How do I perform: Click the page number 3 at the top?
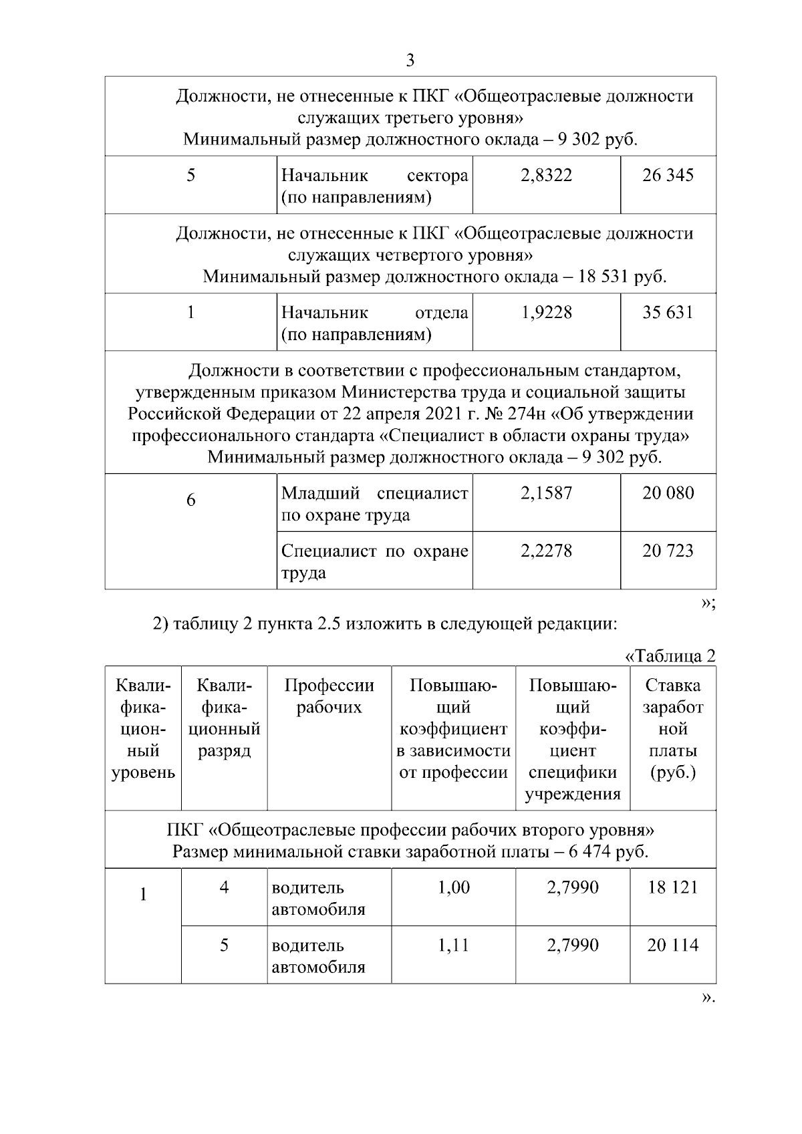(410, 61)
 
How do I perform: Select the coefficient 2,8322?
(546, 176)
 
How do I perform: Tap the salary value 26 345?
(668, 176)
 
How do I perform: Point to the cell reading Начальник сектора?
(374, 186)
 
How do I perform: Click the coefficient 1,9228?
(546, 313)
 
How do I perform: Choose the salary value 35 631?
(668, 313)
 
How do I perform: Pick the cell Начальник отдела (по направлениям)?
(374, 323)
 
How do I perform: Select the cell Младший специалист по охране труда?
(374, 504)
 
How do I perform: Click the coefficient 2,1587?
(546, 493)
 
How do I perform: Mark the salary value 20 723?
(668, 551)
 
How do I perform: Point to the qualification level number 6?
(190, 501)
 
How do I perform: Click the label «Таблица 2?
(670, 656)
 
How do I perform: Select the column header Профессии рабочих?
(329, 696)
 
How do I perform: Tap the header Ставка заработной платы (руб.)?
(672, 728)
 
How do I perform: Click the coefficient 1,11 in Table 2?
(453, 946)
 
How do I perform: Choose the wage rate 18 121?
(672, 887)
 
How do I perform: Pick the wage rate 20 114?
(672, 946)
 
